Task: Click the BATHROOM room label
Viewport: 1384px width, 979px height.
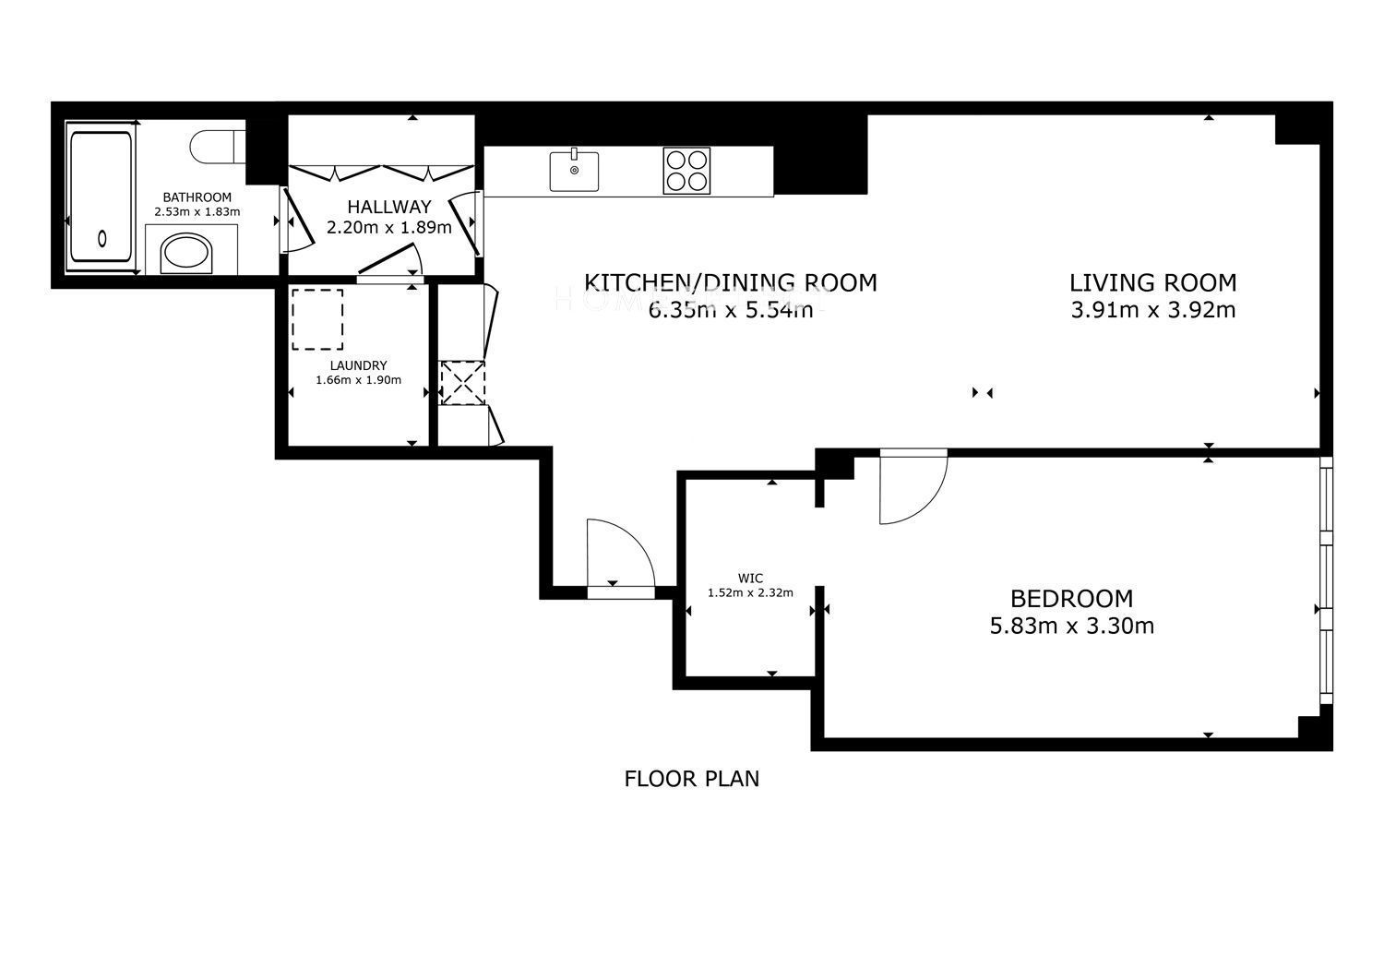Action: pyautogui.click(x=197, y=197)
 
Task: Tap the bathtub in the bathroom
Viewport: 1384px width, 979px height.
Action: pyautogui.click(x=101, y=196)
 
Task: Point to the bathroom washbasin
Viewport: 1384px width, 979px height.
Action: pyautogui.click(x=186, y=253)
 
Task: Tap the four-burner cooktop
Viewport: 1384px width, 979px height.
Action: pyautogui.click(x=686, y=171)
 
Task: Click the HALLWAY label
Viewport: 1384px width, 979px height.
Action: pyautogui.click(x=388, y=207)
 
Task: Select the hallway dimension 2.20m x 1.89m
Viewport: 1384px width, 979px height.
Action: pyautogui.click(x=388, y=227)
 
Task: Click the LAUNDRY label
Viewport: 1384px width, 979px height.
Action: pyautogui.click(x=358, y=365)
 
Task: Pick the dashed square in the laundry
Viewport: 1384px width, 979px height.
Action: pyautogui.click(x=317, y=319)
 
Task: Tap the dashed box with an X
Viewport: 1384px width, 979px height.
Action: pyautogui.click(x=462, y=383)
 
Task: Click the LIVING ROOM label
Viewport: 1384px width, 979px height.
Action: pyautogui.click(x=1153, y=282)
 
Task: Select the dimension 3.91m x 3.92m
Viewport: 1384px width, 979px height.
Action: pyautogui.click(x=1153, y=310)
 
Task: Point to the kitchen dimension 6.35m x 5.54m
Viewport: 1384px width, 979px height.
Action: pyautogui.click(x=731, y=310)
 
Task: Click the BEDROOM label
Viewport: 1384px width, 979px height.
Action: pyautogui.click(x=1071, y=598)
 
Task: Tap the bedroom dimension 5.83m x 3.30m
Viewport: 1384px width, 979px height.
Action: pyautogui.click(x=1071, y=627)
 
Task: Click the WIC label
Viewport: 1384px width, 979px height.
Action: pyautogui.click(x=750, y=579)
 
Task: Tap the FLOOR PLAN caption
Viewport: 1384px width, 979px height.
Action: pyautogui.click(x=691, y=779)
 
